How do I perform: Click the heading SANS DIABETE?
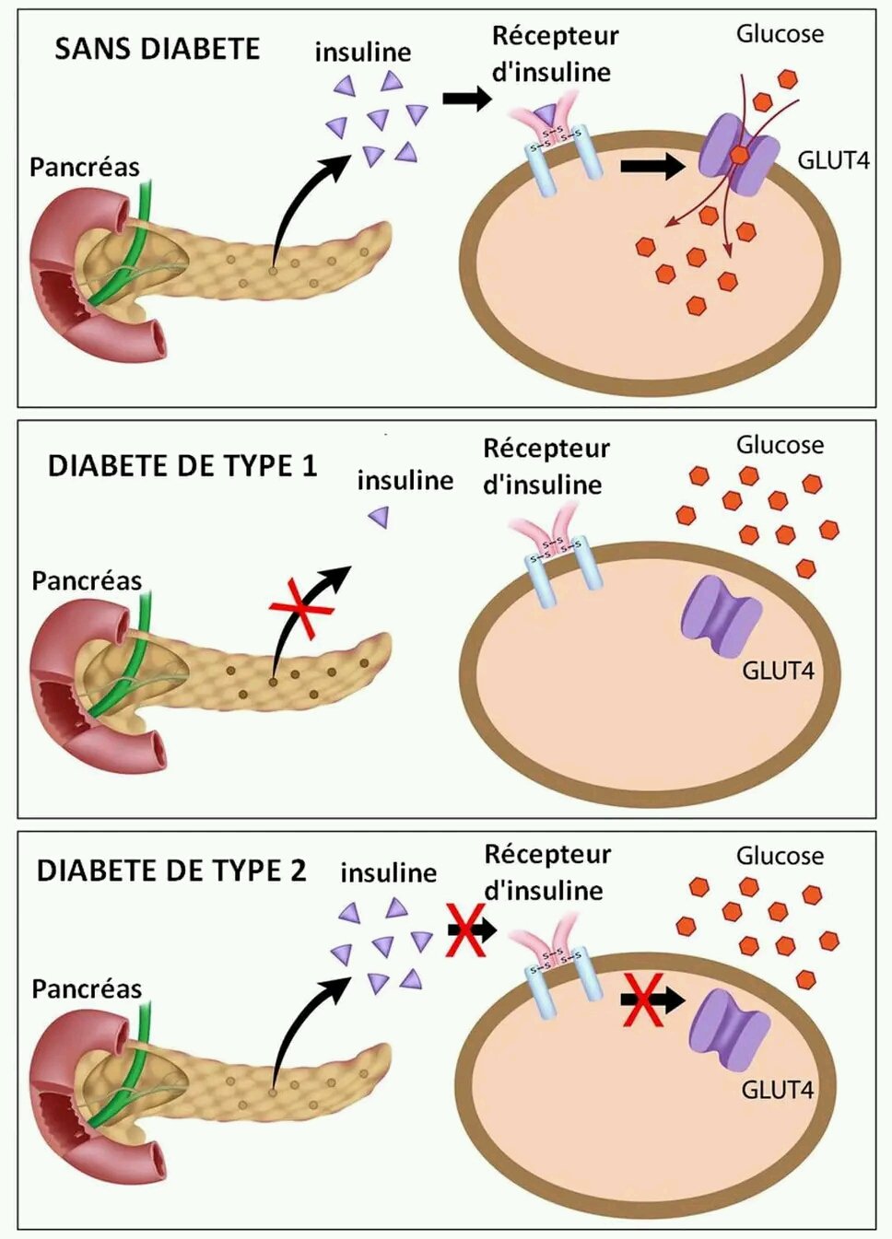pos(157,49)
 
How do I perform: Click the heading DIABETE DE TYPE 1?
pos(182,466)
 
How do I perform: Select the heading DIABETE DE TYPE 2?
pos(171,871)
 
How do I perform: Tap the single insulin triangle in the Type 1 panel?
pos(378,518)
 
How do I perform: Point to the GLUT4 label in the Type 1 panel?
pos(778,671)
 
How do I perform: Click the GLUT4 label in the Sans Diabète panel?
pos(833,160)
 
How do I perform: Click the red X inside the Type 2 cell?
pos(642,999)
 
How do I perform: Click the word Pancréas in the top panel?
pos(85,167)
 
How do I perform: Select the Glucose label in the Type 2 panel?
pos(780,856)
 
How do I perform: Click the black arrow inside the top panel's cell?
pos(652,166)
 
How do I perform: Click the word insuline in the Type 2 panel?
pos(388,872)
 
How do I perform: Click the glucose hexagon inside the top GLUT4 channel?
pos(738,156)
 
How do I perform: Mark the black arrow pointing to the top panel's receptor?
pos(467,98)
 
